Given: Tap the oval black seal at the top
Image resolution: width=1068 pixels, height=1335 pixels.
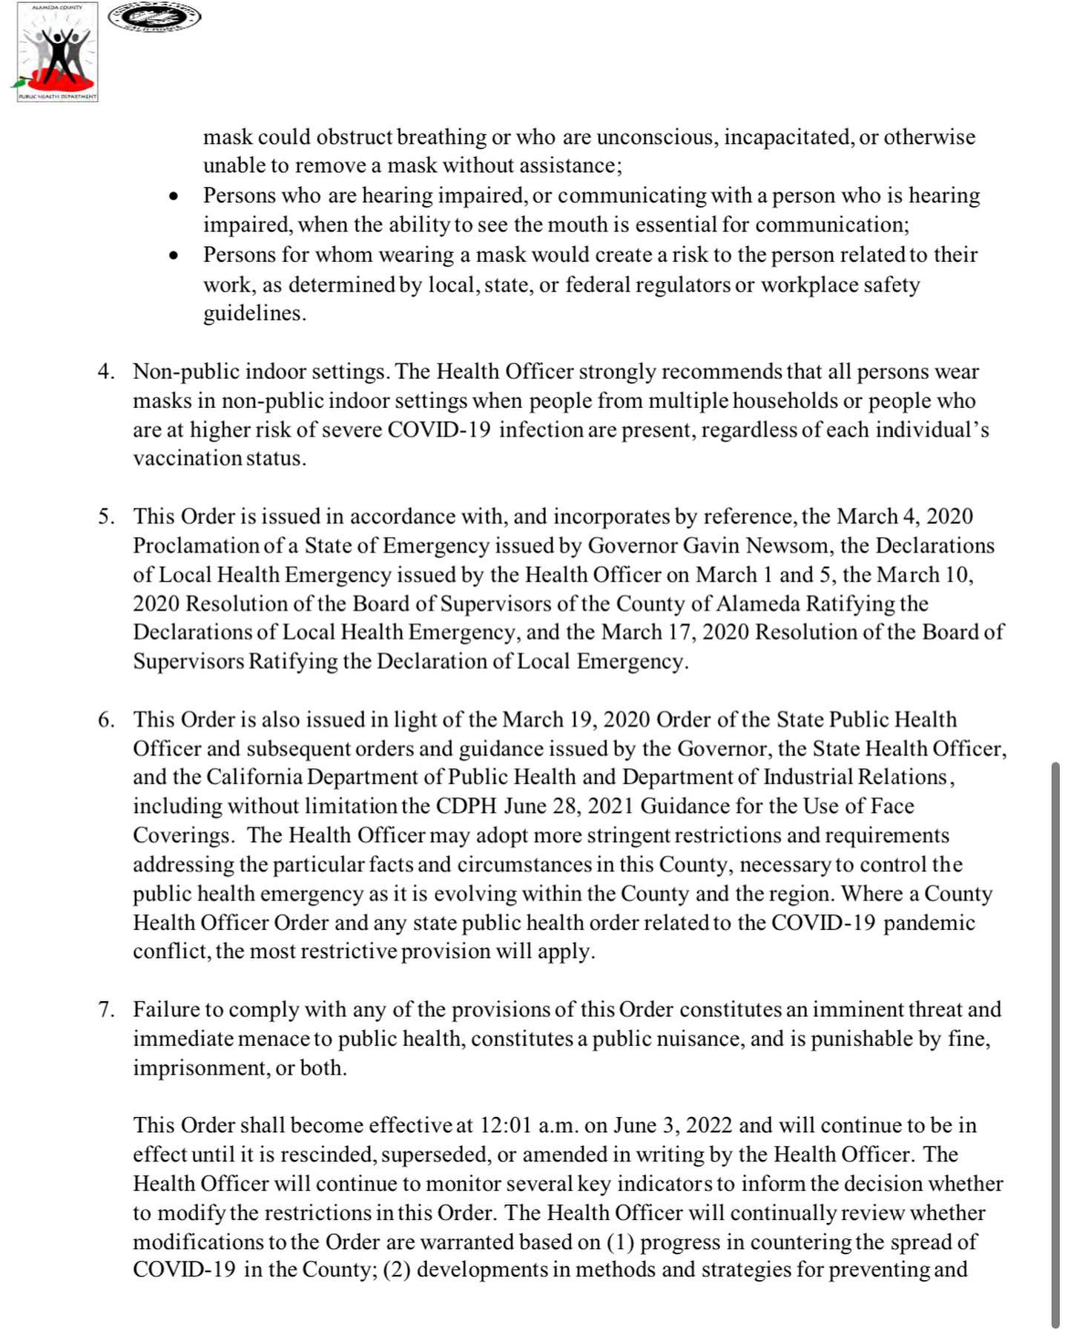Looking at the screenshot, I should (154, 17).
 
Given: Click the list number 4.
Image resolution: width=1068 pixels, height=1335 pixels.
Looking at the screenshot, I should (105, 372).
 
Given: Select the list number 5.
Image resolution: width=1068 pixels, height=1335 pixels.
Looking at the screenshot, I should (105, 517).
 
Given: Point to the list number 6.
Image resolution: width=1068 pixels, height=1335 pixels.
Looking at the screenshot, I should (105, 720).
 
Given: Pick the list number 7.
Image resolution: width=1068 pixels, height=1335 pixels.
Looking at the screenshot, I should (105, 1010).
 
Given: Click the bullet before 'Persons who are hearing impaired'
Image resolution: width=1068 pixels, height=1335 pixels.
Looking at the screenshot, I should (174, 197).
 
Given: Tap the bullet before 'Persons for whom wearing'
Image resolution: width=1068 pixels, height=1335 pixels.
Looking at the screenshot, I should (174, 257).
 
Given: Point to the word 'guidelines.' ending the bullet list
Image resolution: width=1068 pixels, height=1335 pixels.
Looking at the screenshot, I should (254, 314).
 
